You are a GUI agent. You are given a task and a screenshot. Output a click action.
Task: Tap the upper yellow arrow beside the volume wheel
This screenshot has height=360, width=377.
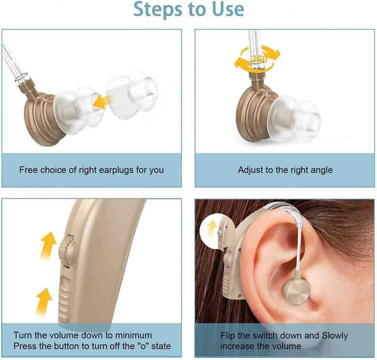click(x=49, y=246)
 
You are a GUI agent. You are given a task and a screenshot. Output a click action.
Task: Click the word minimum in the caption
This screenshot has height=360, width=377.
click(x=133, y=335)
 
